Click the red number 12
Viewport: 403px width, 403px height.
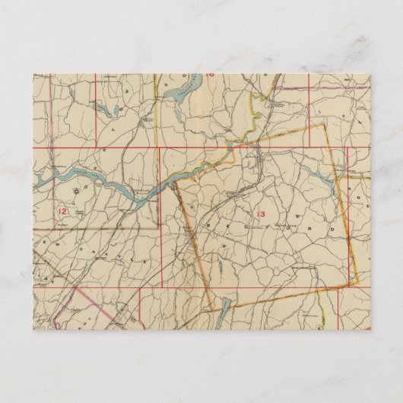[x=62, y=210]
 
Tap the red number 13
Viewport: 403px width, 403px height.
[x=262, y=214]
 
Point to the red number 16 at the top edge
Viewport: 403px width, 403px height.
[x=210, y=76]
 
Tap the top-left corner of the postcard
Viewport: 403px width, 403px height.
[x=33, y=75]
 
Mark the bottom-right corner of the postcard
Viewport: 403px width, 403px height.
[x=370, y=328]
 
